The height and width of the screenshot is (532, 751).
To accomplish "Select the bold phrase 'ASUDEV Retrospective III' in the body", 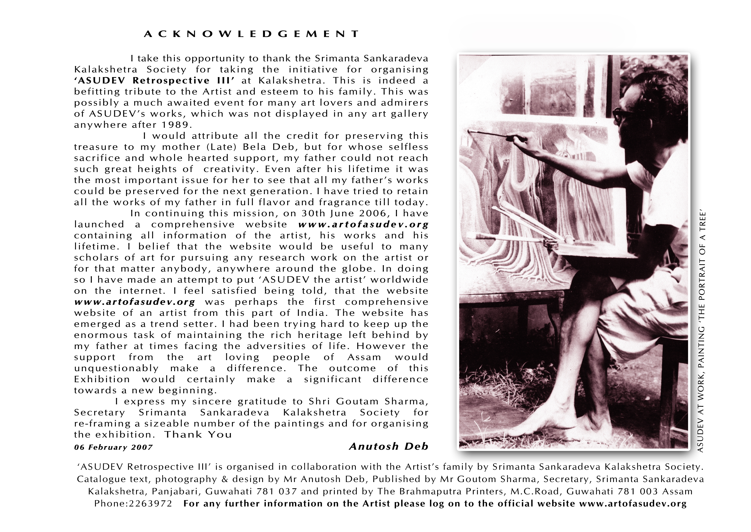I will pos(155,81).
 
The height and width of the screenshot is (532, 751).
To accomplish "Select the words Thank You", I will pos(198,435).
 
